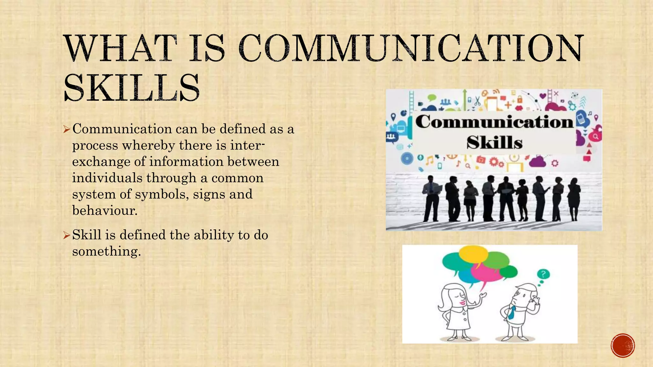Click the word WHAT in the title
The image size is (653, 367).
pos(121,48)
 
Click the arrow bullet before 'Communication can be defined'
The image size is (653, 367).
pos(66,129)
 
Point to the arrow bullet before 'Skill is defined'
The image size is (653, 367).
pos(66,235)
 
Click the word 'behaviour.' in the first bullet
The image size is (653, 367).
pos(105,210)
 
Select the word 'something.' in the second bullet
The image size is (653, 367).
pos(106,251)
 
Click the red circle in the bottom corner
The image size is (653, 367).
pos(623,345)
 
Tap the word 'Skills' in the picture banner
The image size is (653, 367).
pos(495,142)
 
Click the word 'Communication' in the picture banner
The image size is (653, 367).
pos(494,122)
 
